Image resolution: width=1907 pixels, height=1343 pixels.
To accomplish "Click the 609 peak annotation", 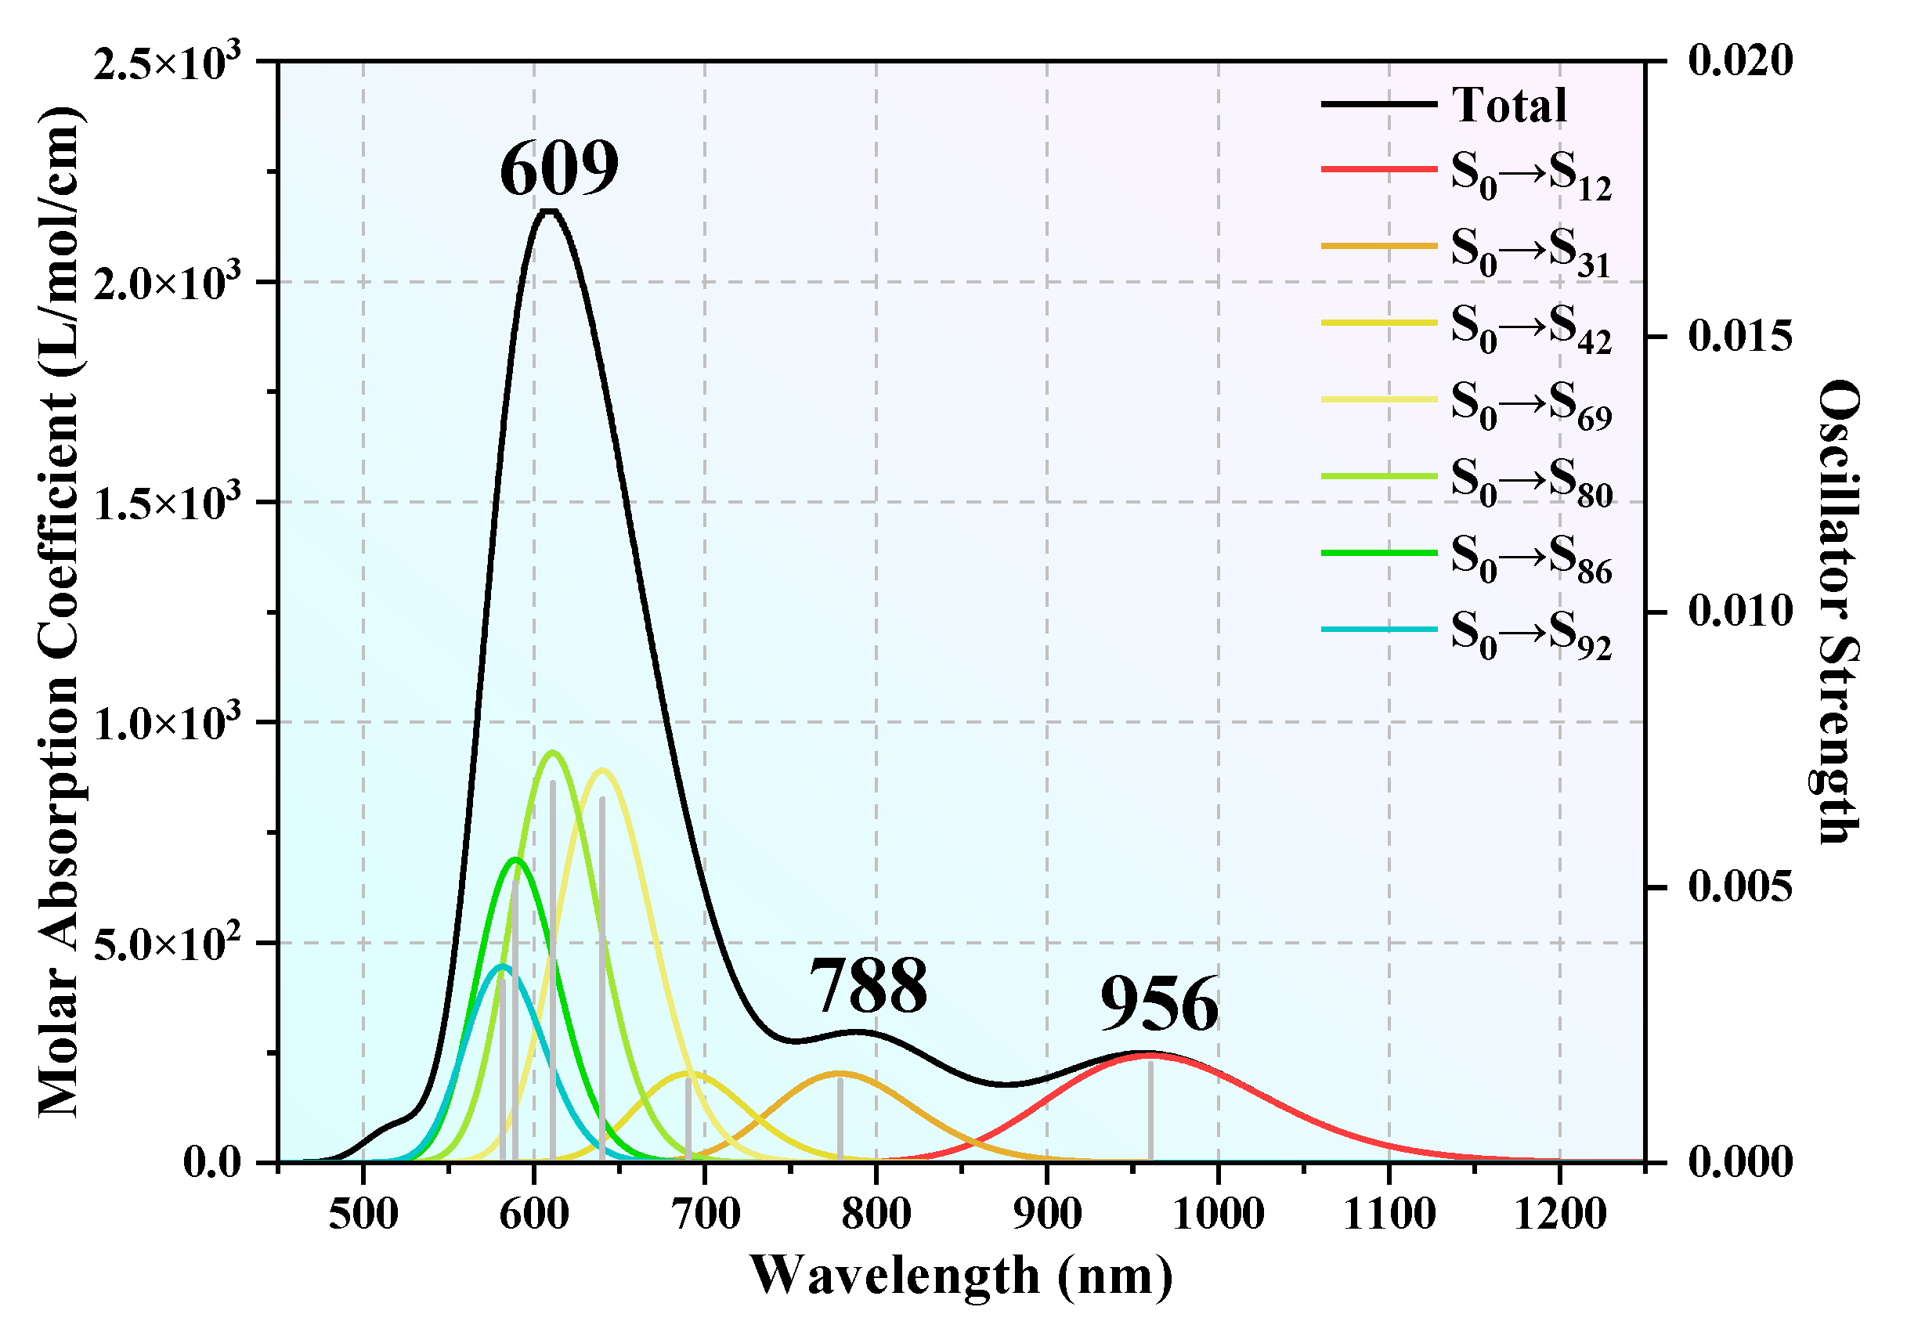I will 559,168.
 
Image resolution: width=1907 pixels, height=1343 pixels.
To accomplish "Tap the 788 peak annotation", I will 868,986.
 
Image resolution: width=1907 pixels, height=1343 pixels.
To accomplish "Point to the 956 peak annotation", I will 1160,1005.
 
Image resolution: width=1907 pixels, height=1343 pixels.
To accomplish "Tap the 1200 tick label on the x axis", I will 1560,1215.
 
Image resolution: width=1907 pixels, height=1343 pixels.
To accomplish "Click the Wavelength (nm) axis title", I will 961,1276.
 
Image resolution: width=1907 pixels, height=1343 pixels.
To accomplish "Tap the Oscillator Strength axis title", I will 1837,612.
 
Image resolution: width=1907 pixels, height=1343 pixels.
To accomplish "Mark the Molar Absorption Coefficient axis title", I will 60,612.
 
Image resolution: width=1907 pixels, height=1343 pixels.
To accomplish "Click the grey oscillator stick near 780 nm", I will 840,1120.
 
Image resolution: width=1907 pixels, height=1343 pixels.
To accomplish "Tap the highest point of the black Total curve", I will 549,210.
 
